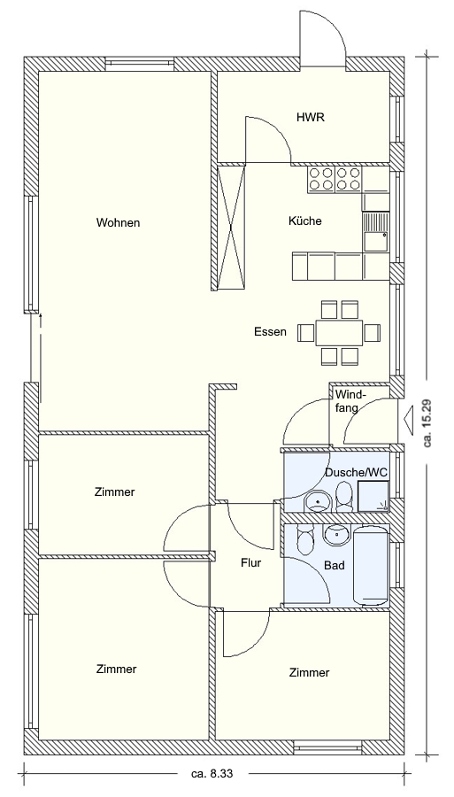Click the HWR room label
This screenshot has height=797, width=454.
tap(311, 118)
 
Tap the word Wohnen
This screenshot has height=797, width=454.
tap(119, 222)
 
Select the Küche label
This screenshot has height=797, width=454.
tap(304, 221)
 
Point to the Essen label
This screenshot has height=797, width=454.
tap(270, 332)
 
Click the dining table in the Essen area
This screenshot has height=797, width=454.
tap(339, 333)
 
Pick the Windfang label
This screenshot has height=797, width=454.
tap(350, 401)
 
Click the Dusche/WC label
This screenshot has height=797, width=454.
tap(357, 472)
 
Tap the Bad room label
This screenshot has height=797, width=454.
tap(335, 565)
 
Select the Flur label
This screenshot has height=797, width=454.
tap(250, 562)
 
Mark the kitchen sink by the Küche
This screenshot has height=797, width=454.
tap(375, 231)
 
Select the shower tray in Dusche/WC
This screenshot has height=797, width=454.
tap(373, 497)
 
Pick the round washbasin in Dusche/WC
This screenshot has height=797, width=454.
tap(318, 503)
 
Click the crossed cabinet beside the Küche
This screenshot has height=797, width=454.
tap(231, 227)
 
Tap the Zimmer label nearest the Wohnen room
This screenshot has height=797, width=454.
tap(115, 492)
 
